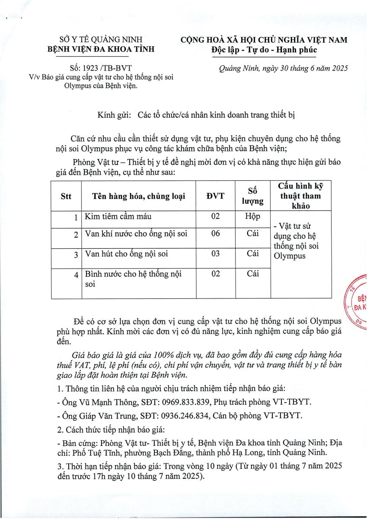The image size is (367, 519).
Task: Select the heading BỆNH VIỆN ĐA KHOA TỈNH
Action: (x=101, y=49)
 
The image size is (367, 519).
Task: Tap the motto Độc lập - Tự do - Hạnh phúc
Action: (x=264, y=50)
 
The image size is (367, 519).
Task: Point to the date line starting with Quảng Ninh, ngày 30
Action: (x=284, y=68)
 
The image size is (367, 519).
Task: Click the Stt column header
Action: (x=66, y=196)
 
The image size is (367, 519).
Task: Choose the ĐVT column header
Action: (x=215, y=196)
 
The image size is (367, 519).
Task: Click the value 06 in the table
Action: (x=215, y=234)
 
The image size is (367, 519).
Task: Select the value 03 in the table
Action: (x=215, y=253)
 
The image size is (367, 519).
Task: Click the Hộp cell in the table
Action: (x=252, y=216)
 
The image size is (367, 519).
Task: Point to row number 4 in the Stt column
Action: (x=76, y=275)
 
